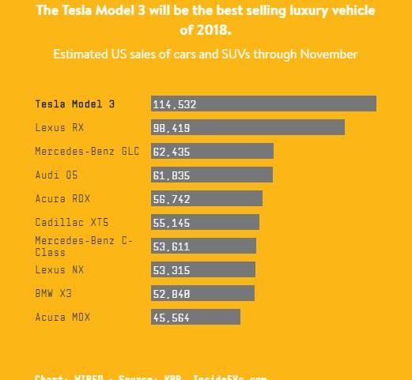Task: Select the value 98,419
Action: click(x=172, y=127)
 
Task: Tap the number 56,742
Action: click(x=172, y=198)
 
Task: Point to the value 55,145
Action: click(x=172, y=222)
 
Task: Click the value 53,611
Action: click(x=172, y=246)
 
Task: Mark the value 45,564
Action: click(x=172, y=317)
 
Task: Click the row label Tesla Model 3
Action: click(x=75, y=103)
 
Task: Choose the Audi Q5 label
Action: click(x=56, y=175)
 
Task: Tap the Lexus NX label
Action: click(x=59, y=269)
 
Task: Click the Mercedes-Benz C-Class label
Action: click(x=84, y=246)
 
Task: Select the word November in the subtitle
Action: click(x=328, y=55)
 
